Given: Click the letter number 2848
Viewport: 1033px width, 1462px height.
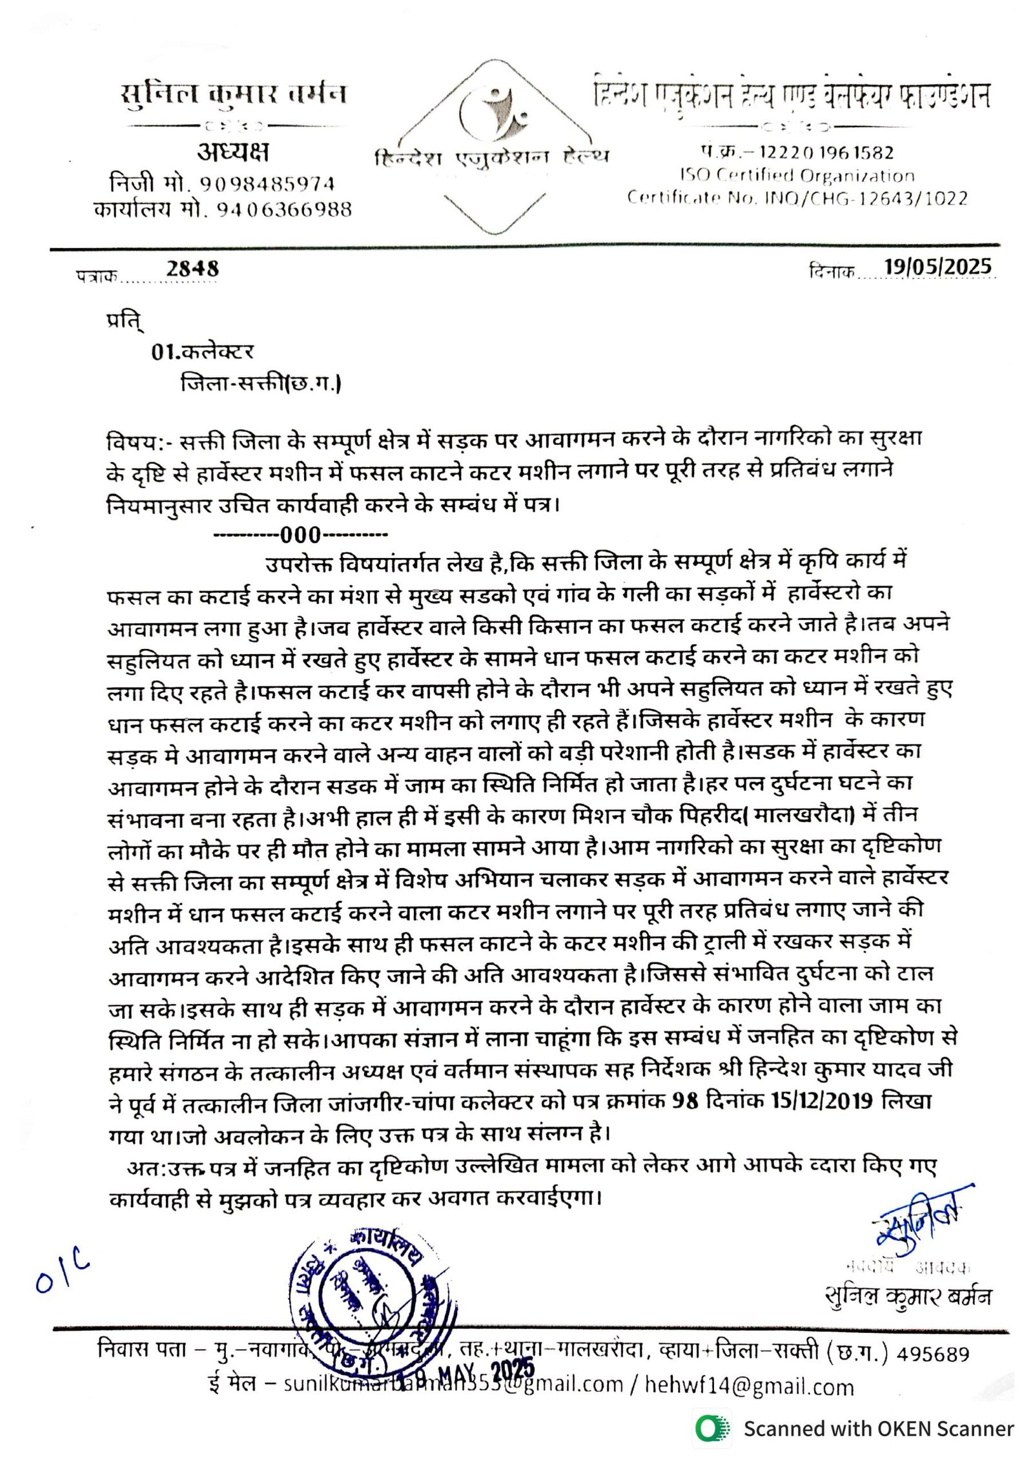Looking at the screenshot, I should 192,268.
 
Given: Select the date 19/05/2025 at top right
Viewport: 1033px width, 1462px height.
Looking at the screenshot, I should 937,266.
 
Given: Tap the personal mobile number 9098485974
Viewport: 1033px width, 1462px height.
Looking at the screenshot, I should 267,185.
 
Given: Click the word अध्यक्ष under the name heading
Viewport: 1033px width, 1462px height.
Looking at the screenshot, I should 233,152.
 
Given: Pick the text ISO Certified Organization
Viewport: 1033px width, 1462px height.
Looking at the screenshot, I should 797,176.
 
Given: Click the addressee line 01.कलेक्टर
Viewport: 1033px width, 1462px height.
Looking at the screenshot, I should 202,352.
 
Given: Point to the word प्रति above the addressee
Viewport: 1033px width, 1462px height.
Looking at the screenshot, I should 125,321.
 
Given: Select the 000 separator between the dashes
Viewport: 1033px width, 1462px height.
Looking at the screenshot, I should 300,535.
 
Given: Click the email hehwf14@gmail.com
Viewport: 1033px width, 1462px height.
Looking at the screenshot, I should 748,1386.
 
